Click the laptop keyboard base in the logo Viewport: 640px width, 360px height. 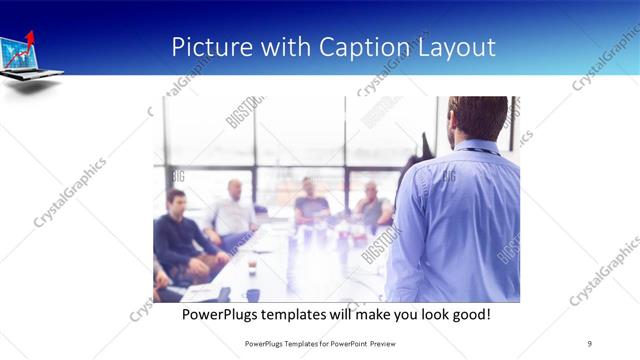pyautogui.click(x=36, y=74)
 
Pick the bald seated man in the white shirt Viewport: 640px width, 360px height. pyautogui.click(x=233, y=208)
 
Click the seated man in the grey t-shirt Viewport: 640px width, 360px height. pyautogui.click(x=310, y=200)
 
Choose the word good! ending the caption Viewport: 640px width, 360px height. pyautogui.click(x=470, y=314)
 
